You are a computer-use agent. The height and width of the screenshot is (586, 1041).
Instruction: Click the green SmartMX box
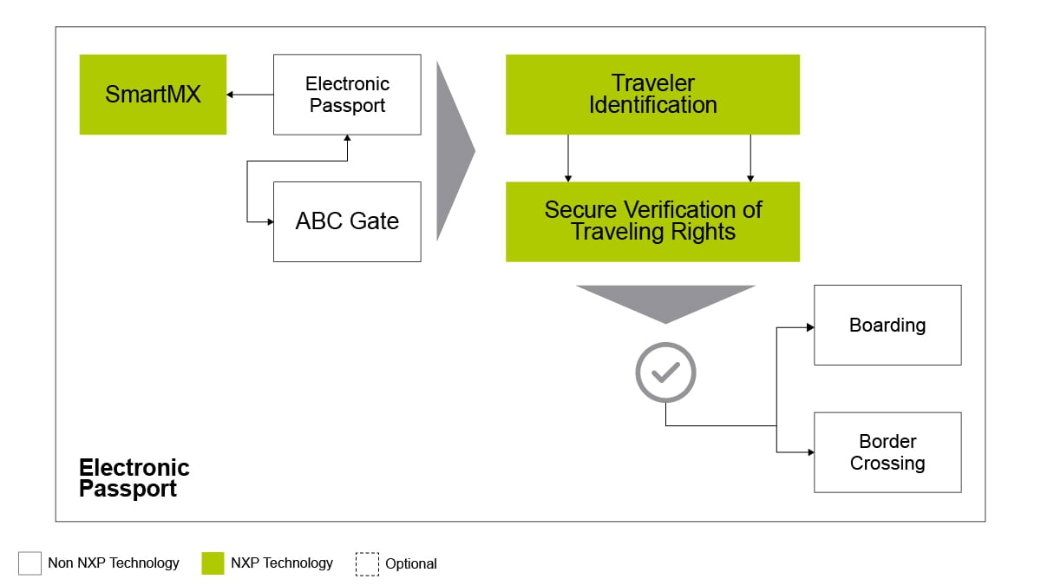coord(153,95)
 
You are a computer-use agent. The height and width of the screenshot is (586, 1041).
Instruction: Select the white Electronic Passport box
coord(347,95)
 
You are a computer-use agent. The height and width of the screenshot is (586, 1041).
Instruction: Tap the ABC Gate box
coord(347,221)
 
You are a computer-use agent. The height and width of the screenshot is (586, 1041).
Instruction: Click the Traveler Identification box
coord(652,95)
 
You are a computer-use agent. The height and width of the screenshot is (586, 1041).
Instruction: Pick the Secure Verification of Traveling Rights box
coord(652,221)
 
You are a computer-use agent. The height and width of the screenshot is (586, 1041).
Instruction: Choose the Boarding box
coord(887,325)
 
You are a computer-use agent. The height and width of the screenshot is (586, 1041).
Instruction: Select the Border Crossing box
coord(887,452)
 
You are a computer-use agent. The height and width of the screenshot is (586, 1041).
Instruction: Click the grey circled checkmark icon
coord(665,372)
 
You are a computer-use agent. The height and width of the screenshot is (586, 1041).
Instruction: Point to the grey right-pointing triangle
coord(454,150)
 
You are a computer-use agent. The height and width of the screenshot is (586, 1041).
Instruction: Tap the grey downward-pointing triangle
coord(665,300)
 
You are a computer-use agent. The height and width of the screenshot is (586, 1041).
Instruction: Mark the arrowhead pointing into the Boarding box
coord(810,327)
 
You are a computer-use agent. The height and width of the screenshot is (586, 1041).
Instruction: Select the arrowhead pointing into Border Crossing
coord(810,452)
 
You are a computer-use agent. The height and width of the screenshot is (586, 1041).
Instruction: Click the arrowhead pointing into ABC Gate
coord(269,221)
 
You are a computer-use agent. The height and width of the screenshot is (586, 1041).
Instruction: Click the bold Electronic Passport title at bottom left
coord(134,478)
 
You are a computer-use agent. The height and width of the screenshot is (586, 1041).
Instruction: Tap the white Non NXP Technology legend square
coord(29,563)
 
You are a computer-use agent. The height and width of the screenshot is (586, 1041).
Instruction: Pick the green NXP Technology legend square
coord(213,563)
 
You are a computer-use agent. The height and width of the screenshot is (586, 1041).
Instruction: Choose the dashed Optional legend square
coord(367,563)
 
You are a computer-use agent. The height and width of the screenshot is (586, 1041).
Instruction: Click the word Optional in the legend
coord(411,563)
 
